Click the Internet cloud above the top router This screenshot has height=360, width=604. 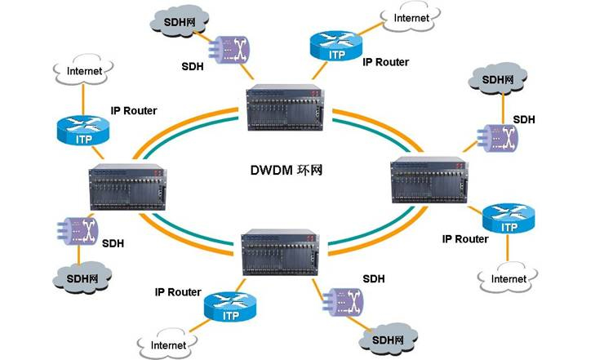(411, 19)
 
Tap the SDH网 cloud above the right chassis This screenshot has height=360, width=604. (498, 80)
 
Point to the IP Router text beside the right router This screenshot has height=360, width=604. (465, 239)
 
